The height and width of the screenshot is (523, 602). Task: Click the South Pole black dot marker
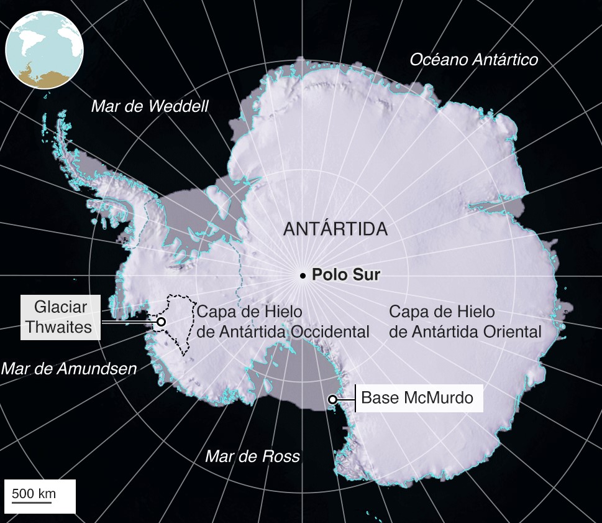pyautogui.click(x=303, y=275)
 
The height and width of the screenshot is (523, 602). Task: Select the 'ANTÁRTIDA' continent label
pyautogui.click(x=335, y=229)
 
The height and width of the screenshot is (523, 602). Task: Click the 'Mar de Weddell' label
pyautogui.click(x=150, y=106)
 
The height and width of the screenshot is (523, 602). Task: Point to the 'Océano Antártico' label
pyautogui.click(x=473, y=60)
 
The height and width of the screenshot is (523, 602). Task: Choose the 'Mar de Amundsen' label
pyautogui.click(x=68, y=369)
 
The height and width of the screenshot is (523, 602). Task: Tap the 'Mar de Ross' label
pyautogui.click(x=252, y=457)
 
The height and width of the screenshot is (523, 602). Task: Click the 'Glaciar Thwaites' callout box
pyautogui.click(x=60, y=317)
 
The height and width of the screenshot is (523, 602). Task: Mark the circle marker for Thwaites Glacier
pyautogui.click(x=161, y=322)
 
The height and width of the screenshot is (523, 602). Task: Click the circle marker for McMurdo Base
pyautogui.click(x=333, y=399)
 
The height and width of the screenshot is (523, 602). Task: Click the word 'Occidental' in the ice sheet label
pyautogui.click(x=330, y=331)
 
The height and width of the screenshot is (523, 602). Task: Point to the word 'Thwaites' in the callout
pyautogui.click(x=60, y=327)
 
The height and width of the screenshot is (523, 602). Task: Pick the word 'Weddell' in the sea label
pyautogui.click(x=178, y=106)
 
